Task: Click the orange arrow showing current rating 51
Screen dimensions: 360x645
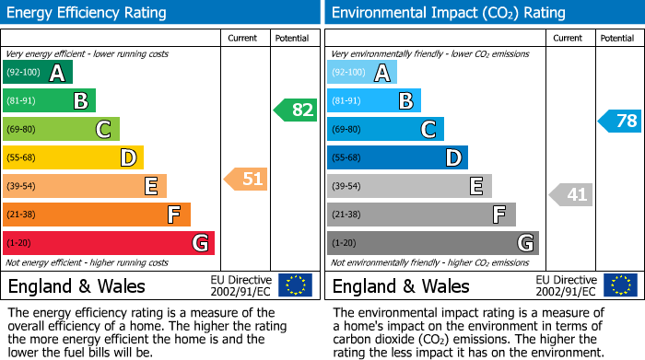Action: point(246,179)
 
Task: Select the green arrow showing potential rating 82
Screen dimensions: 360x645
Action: point(295,110)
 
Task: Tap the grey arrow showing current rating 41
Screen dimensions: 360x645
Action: point(571,194)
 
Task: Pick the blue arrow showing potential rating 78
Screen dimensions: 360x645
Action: point(619,121)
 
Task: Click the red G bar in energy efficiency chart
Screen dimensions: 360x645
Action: point(109,243)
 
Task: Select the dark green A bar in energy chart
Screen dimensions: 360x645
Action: point(38,73)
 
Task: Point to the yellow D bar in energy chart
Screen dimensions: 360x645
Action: point(73,157)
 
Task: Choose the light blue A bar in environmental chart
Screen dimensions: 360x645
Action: point(362,73)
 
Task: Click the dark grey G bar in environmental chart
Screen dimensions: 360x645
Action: point(432,243)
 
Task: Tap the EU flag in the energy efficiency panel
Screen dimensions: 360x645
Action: point(295,285)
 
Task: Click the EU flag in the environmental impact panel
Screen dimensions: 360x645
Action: point(622,285)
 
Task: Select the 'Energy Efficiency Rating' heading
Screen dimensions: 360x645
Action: point(88,13)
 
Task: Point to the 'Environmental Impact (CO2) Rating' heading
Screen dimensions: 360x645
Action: point(448,13)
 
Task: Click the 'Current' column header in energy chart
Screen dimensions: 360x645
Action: point(243,38)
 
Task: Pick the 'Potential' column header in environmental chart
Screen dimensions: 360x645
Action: point(616,38)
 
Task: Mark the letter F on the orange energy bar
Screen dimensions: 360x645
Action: point(173,215)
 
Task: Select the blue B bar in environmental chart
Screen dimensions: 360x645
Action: point(374,101)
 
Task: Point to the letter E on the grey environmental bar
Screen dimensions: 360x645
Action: point(475,187)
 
